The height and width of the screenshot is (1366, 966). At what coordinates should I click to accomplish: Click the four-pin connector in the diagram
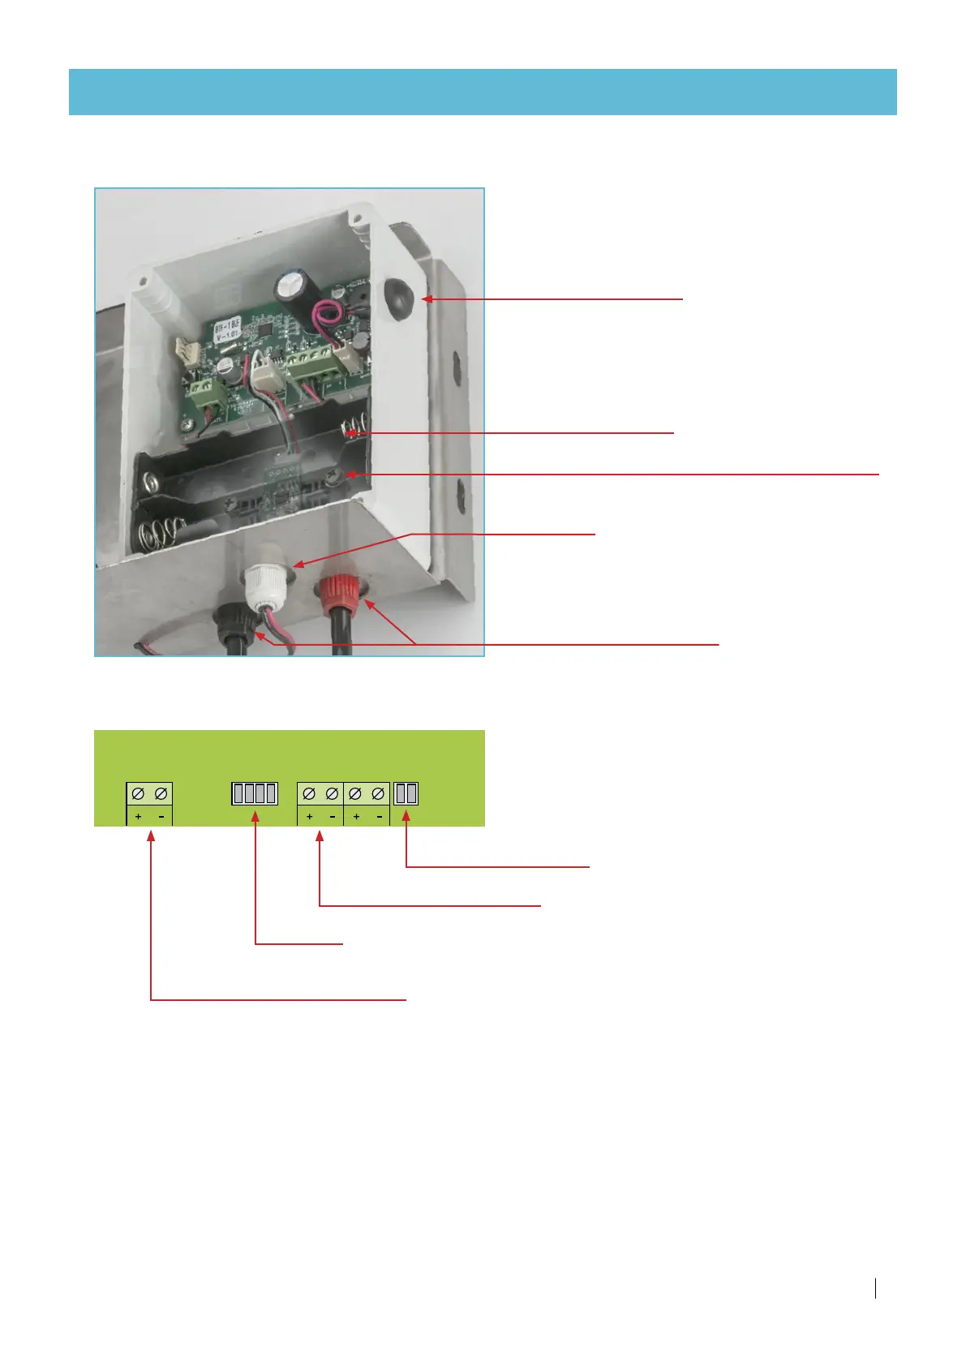coord(255,793)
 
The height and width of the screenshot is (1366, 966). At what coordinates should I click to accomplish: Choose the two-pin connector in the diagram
coord(406,793)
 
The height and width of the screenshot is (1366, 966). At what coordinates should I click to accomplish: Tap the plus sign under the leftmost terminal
coord(138,816)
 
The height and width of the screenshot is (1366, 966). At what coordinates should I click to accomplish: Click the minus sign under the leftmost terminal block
coord(161,816)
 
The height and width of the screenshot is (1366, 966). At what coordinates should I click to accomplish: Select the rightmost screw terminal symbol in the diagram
coord(378,793)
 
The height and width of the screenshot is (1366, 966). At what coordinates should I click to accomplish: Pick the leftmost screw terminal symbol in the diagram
coord(138,793)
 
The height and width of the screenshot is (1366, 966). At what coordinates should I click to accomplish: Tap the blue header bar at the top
coord(483,92)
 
